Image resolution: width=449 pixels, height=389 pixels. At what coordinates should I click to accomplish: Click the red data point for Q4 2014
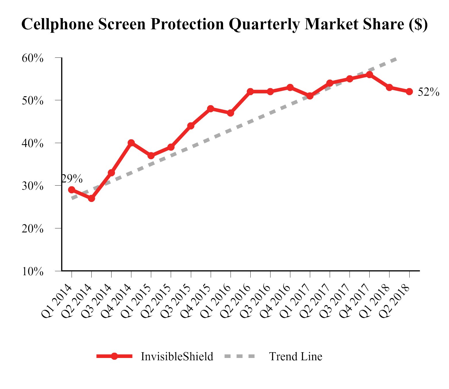click(x=131, y=143)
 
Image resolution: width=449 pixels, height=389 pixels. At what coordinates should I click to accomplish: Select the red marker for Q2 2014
click(x=91, y=198)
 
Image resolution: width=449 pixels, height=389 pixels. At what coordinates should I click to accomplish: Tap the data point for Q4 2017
click(x=370, y=75)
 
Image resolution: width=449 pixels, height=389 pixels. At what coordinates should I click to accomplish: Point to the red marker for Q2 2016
click(x=250, y=92)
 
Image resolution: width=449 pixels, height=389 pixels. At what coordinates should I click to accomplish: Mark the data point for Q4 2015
click(x=211, y=109)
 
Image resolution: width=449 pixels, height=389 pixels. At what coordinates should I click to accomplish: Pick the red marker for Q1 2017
click(x=310, y=96)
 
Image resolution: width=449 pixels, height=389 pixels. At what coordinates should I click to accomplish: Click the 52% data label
click(x=428, y=92)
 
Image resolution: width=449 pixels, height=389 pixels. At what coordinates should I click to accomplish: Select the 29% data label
click(x=72, y=179)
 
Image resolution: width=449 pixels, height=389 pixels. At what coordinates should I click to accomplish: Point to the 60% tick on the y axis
click(x=32, y=58)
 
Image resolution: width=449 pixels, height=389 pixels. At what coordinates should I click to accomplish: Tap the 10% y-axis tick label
click(x=32, y=271)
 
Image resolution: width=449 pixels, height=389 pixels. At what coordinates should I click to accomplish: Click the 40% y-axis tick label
click(x=32, y=143)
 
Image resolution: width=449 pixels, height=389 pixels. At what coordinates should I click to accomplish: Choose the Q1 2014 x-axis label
click(x=57, y=301)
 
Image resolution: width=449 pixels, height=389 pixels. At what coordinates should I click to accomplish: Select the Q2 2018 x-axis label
click(x=394, y=301)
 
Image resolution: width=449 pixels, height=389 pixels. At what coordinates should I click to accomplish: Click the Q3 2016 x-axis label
click(x=255, y=301)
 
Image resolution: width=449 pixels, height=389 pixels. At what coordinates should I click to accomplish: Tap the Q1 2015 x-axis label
click(x=136, y=301)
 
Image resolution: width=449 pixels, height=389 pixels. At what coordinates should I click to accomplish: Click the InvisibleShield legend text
click(x=177, y=357)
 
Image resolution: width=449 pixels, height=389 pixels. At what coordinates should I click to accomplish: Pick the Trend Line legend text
click(x=296, y=357)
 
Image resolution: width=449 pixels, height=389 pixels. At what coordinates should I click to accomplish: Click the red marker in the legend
click(x=114, y=356)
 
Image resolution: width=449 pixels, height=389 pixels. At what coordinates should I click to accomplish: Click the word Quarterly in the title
click(x=264, y=24)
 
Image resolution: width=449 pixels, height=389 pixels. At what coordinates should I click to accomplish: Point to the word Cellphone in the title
click(x=57, y=24)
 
